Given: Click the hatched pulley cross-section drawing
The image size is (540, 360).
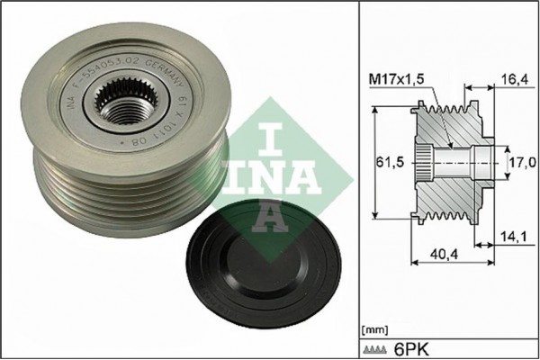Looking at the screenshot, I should (450, 163).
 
